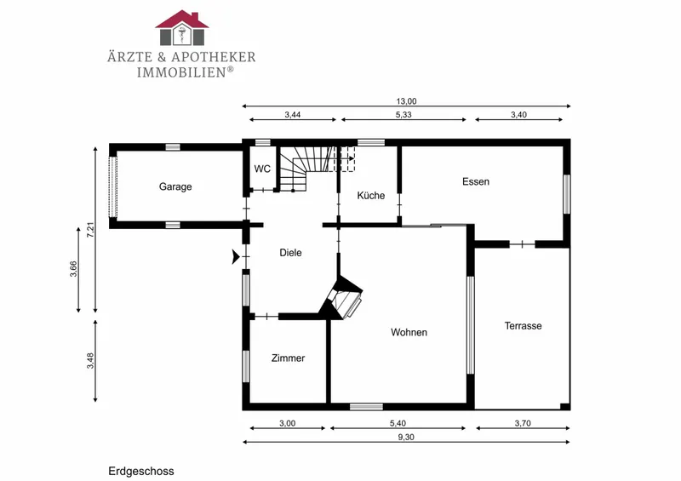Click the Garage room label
pyautogui.click(x=175, y=186)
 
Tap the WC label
pyautogui.click(x=262, y=169)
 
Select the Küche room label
pyautogui.click(x=371, y=196)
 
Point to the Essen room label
pyautogui.click(x=476, y=181)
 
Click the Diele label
pyautogui.click(x=290, y=253)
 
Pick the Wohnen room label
pyautogui.click(x=409, y=332)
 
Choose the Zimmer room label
pyautogui.click(x=288, y=358)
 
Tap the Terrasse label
pyautogui.click(x=523, y=326)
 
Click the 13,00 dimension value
pyautogui.click(x=406, y=101)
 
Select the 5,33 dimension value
pyautogui.click(x=403, y=115)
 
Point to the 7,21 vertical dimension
pyautogui.click(x=90, y=229)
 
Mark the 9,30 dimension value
pyautogui.click(x=406, y=437)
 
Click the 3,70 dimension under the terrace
pyautogui.click(x=523, y=423)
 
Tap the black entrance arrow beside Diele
pyautogui.click(x=236, y=257)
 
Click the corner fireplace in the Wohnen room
pyautogui.click(x=342, y=297)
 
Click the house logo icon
pyautogui.click(x=182, y=28)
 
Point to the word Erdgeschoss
pyautogui.click(x=141, y=472)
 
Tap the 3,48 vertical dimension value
pyautogui.click(x=90, y=361)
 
